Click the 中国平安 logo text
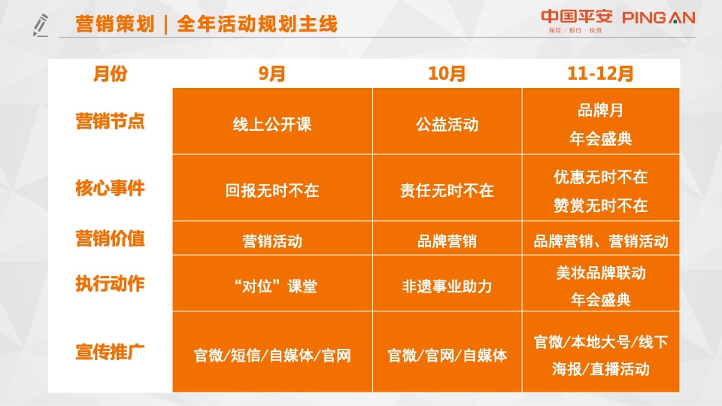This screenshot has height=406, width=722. tap(577, 17)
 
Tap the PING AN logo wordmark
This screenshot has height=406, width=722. tap(659, 17)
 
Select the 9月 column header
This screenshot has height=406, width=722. tap(272, 74)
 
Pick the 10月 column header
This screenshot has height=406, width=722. tap(447, 74)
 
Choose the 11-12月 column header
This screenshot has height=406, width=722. tap(600, 74)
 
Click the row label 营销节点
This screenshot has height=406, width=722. tap(110, 121)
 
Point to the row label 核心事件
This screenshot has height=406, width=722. tap(110, 188)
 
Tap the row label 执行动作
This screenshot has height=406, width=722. tap(110, 283)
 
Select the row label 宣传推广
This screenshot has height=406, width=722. tap(110, 351)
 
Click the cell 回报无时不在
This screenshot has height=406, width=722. tap(272, 190)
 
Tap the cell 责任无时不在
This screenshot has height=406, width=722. tap(447, 190)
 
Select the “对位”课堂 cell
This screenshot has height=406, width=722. tap(272, 286)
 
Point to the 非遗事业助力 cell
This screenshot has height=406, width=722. tap(447, 286)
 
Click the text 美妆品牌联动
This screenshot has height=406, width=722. tap(600, 272)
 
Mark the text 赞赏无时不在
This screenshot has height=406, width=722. tap(600, 205)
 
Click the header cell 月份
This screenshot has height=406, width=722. tap(110, 74)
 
